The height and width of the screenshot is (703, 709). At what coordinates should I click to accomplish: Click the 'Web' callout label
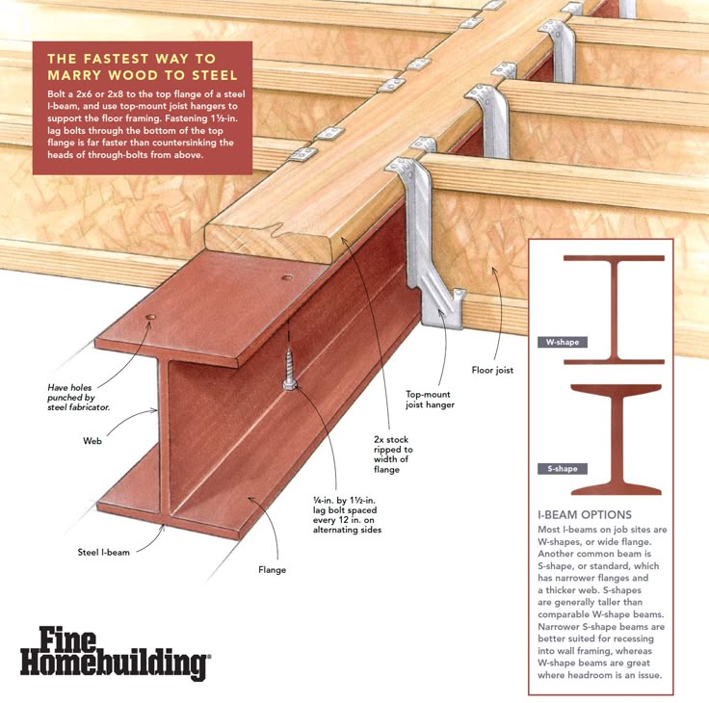pyautogui.click(x=92, y=441)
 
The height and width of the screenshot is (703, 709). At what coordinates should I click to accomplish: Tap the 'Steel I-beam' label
pyautogui.click(x=103, y=552)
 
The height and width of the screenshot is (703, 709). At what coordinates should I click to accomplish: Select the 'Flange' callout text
pyautogui.click(x=273, y=570)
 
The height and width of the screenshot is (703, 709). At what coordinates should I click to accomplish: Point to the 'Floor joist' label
pyautogui.click(x=492, y=370)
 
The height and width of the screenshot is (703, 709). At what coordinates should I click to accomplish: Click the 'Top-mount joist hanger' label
pyautogui.click(x=430, y=400)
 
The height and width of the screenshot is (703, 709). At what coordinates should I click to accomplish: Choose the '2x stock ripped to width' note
pyautogui.click(x=393, y=455)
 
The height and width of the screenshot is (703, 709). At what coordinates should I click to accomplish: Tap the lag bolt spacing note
pyautogui.click(x=347, y=514)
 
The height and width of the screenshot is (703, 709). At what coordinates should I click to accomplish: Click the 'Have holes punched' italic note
pyautogui.click(x=79, y=397)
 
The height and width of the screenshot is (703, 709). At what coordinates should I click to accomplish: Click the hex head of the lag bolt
pyautogui.click(x=290, y=385)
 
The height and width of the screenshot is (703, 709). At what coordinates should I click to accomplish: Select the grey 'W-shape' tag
pyautogui.click(x=562, y=342)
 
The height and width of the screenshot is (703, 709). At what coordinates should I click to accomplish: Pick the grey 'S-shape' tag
pyautogui.click(x=562, y=469)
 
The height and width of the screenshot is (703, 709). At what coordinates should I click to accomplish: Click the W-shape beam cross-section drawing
pyautogui.click(x=614, y=310)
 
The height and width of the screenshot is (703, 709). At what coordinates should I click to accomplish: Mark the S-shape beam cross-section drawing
pyautogui.click(x=616, y=439)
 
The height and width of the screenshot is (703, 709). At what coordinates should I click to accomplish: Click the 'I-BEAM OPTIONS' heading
pyautogui.click(x=585, y=514)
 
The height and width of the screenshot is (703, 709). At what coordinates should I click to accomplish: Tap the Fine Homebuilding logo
pyautogui.click(x=115, y=653)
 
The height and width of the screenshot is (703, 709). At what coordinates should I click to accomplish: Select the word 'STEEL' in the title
pyautogui.click(x=215, y=75)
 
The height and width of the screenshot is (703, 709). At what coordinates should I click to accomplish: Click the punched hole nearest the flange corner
pyautogui.click(x=151, y=318)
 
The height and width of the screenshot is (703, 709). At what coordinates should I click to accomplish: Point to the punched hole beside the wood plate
pyautogui.click(x=287, y=277)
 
